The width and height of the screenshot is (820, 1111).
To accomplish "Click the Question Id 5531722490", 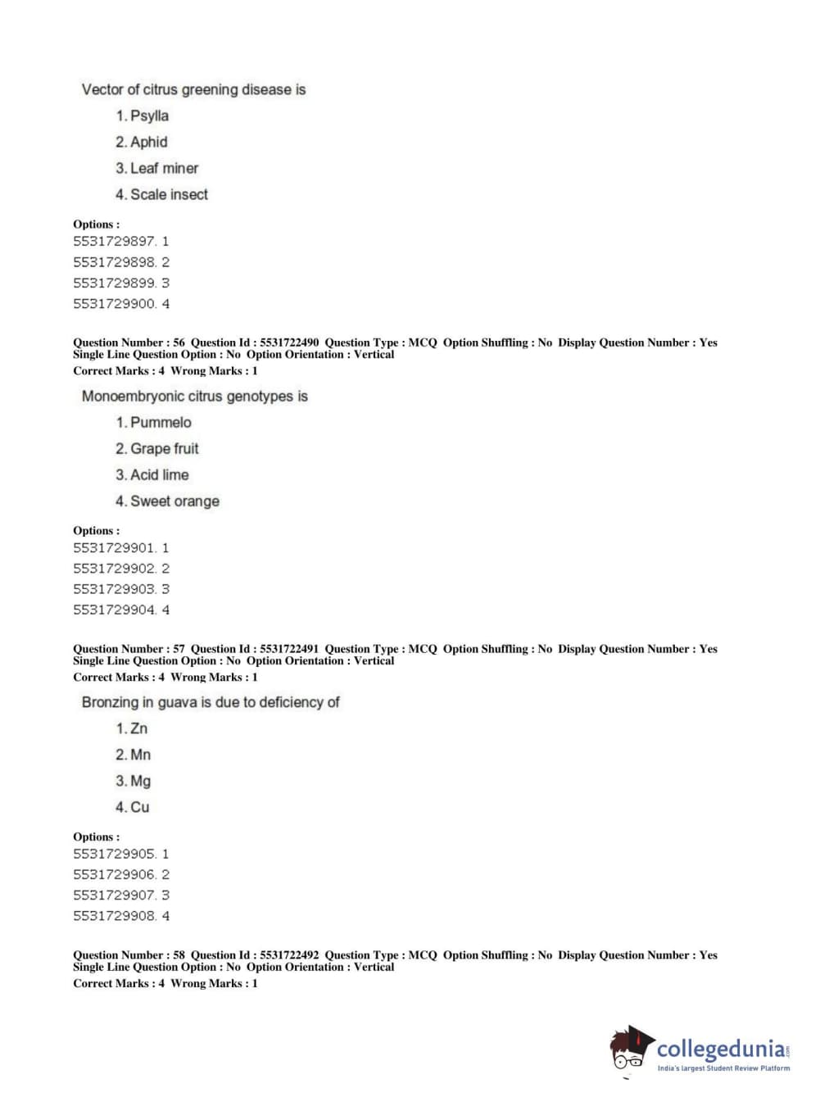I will (255, 342).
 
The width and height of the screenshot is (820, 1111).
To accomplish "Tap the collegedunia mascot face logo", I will (630, 1050).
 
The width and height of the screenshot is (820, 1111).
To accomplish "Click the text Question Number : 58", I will (129, 955).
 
